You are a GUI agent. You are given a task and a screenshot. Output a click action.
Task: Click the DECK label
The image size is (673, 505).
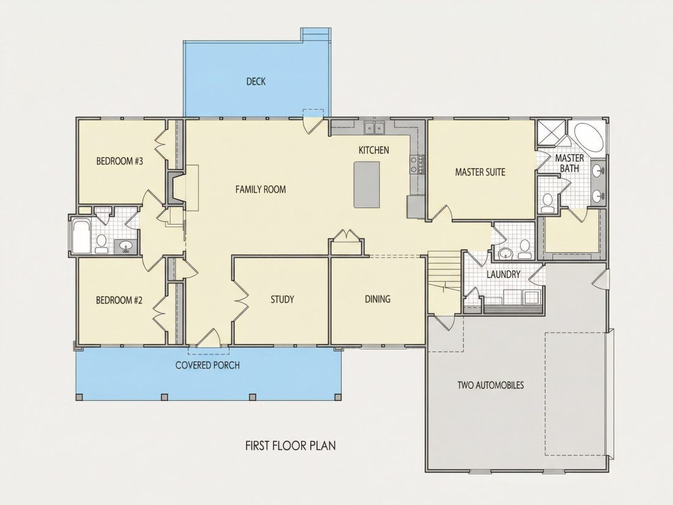click(256, 81)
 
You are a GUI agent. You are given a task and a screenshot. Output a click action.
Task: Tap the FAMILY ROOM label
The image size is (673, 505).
click(261, 189)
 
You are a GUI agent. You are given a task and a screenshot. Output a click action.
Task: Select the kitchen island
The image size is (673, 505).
click(366, 185)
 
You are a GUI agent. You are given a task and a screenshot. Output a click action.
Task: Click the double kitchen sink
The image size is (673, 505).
click(374, 127)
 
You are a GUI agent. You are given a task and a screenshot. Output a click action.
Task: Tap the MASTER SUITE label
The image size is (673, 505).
click(480, 172)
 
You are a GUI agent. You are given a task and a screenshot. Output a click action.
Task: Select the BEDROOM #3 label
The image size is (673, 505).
click(119, 162)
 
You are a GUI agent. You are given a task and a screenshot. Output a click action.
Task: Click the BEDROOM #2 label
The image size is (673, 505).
click(119, 300)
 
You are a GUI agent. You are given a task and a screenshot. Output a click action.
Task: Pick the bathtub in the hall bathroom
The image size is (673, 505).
click(81, 237)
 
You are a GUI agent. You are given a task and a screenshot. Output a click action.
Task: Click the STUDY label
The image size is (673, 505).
click(282, 299)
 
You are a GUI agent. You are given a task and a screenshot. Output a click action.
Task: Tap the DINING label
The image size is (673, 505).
click(377, 299)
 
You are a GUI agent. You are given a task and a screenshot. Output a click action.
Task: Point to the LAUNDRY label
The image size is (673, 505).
click(504, 274)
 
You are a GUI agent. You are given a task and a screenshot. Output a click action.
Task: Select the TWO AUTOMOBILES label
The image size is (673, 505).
click(491, 385)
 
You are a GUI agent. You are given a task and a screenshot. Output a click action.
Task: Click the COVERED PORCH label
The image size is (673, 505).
click(208, 365)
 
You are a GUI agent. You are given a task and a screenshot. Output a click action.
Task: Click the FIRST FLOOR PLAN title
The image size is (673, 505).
click(291, 446)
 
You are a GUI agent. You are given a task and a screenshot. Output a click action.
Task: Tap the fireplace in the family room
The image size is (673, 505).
click(176, 188)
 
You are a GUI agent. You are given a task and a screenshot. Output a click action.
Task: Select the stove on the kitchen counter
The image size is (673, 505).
click(417, 164)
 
